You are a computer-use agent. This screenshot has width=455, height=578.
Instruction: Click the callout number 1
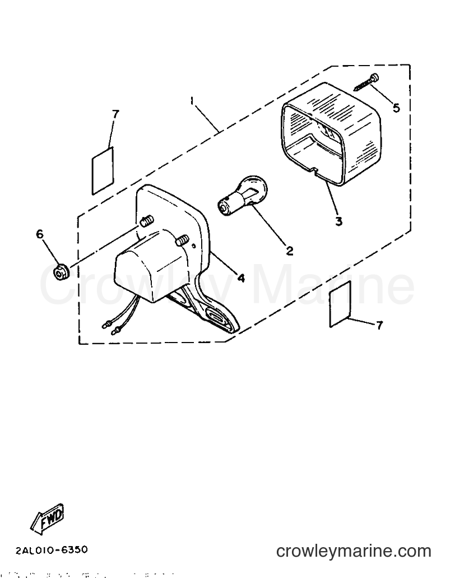tap(192, 101)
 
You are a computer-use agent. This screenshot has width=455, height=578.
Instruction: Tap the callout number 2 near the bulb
tap(290, 251)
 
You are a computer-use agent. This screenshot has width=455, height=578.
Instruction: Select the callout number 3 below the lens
tap(338, 221)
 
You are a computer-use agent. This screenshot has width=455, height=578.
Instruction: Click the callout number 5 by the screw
tap(396, 108)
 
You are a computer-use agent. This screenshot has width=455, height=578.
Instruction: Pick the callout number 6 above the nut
tap(39, 234)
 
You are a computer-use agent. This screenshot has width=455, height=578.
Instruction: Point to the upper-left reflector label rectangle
tap(103, 170)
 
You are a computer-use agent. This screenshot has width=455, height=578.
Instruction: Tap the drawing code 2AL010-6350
tap(52, 550)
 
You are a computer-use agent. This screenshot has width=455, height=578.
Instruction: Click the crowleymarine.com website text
tap(354, 551)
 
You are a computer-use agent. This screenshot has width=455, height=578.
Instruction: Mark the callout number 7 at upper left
tap(115, 114)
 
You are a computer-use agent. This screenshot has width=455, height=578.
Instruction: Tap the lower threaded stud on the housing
tap(182, 241)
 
